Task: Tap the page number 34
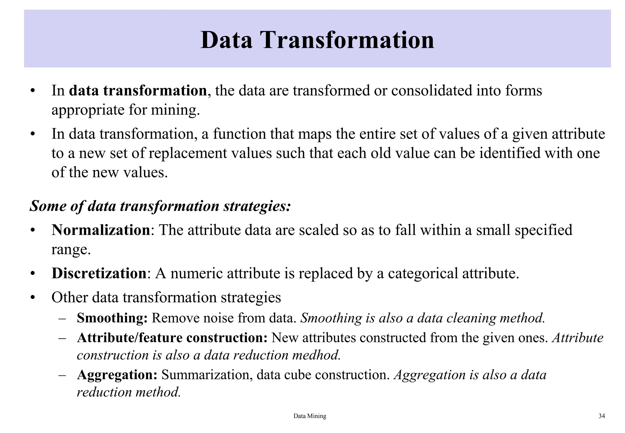(x=602, y=416)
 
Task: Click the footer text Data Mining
(x=309, y=416)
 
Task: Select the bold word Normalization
(x=101, y=230)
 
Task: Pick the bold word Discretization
(x=99, y=273)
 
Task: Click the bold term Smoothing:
(x=112, y=318)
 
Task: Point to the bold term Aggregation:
(x=117, y=375)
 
